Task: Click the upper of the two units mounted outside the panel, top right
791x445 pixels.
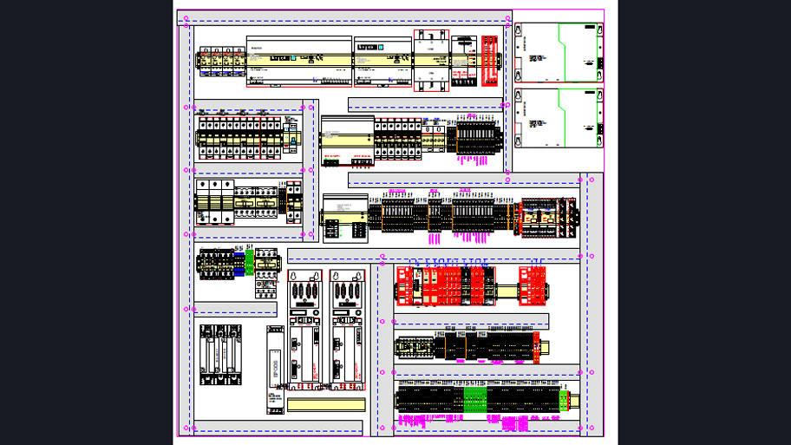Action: (x=559, y=53)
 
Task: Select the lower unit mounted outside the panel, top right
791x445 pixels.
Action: (x=559, y=118)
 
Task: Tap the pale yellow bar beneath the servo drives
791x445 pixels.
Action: (x=325, y=404)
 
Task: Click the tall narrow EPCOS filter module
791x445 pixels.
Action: (x=275, y=370)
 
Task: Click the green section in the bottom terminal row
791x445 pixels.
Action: (x=474, y=400)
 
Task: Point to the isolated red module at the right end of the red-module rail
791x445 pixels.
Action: (x=533, y=285)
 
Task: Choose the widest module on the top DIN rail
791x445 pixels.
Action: (x=298, y=61)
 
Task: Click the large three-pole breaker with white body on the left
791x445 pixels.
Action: (x=214, y=202)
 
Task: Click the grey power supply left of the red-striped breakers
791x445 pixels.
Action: (x=347, y=139)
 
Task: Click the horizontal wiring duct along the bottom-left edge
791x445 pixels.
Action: (x=278, y=428)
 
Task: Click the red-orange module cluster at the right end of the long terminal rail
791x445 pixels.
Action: (x=546, y=216)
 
